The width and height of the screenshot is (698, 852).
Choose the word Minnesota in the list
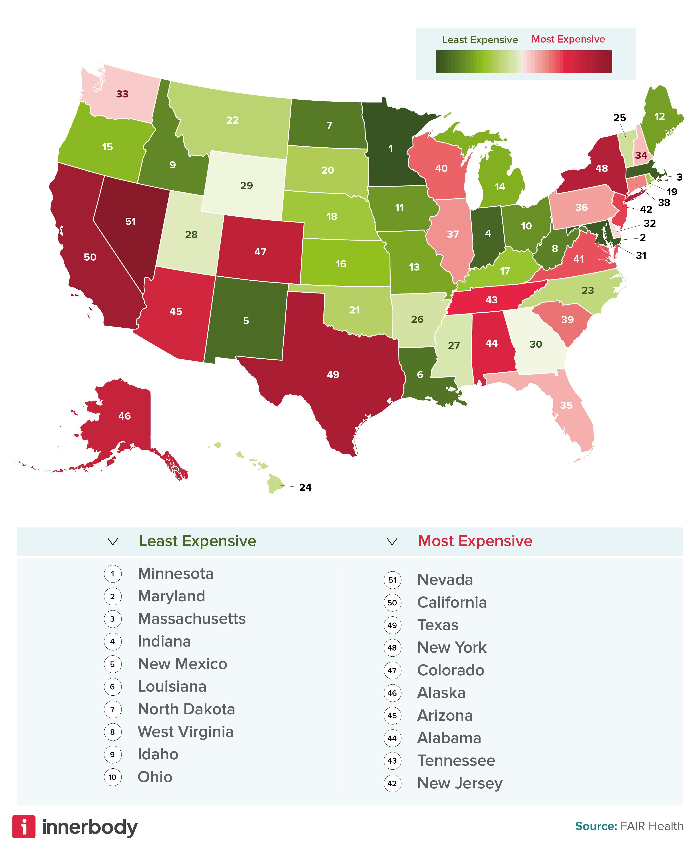click(x=175, y=574)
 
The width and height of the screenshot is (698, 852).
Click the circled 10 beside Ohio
click(x=113, y=777)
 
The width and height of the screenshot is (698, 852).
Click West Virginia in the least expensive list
click(x=185, y=732)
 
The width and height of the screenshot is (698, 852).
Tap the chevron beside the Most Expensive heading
click(x=392, y=542)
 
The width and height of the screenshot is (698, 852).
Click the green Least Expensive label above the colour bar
click(x=480, y=40)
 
